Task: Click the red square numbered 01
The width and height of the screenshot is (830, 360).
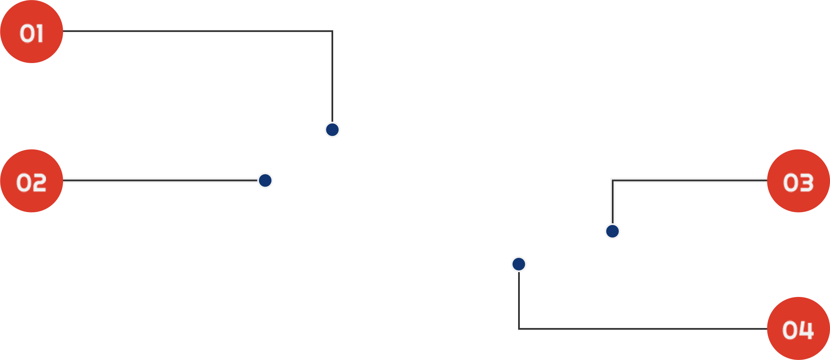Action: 32,32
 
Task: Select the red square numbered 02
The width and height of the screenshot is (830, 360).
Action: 32,181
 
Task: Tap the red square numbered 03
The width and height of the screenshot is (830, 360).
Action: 798,181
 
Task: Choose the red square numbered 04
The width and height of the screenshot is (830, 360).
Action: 798,328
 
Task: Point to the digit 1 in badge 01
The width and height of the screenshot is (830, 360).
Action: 40,34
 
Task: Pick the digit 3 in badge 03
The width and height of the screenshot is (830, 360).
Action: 806,183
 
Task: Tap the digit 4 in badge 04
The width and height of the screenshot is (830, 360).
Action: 806,330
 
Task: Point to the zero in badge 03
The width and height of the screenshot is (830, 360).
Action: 790,183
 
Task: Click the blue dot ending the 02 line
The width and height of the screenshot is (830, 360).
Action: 265,180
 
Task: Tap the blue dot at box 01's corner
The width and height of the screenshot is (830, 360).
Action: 333,130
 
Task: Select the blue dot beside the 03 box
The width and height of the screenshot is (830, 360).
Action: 612,231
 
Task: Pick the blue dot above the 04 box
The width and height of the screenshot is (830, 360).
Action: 518,264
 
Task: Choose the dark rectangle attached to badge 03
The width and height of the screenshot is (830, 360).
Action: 690,209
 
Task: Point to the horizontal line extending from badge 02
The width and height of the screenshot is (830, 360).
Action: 160,180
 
